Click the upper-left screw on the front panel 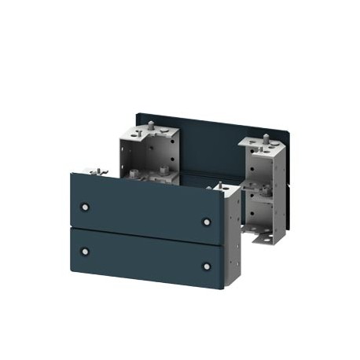click(85, 208)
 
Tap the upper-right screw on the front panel click(207, 222)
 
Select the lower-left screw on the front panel click(85, 252)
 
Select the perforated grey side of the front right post click(231, 236)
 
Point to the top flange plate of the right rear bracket click(263, 146)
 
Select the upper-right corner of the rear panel click(290, 132)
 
